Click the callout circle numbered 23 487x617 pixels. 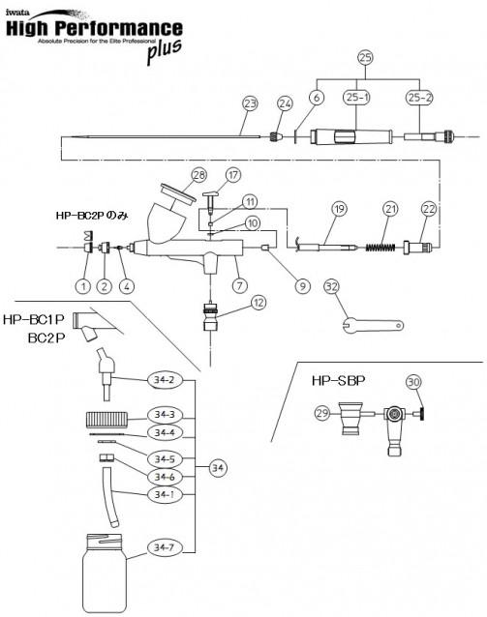(x=250, y=103)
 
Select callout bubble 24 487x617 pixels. (x=285, y=103)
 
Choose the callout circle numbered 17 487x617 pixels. (x=232, y=175)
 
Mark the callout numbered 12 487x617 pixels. (x=259, y=303)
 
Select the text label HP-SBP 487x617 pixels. (x=339, y=380)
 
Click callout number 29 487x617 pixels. (x=322, y=413)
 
